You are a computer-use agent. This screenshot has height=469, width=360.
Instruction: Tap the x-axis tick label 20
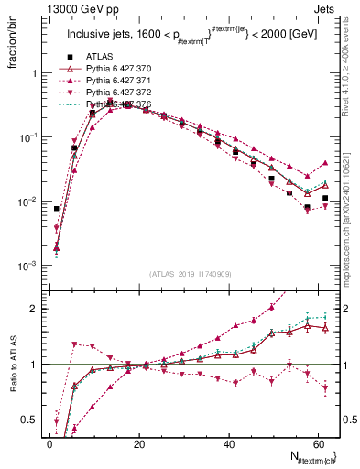tap(139, 443)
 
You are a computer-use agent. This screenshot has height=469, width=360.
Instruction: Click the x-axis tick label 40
tap(229, 443)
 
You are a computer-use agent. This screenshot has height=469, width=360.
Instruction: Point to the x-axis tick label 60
tap(318, 443)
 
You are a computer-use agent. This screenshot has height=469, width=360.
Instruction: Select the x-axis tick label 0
tap(50, 443)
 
